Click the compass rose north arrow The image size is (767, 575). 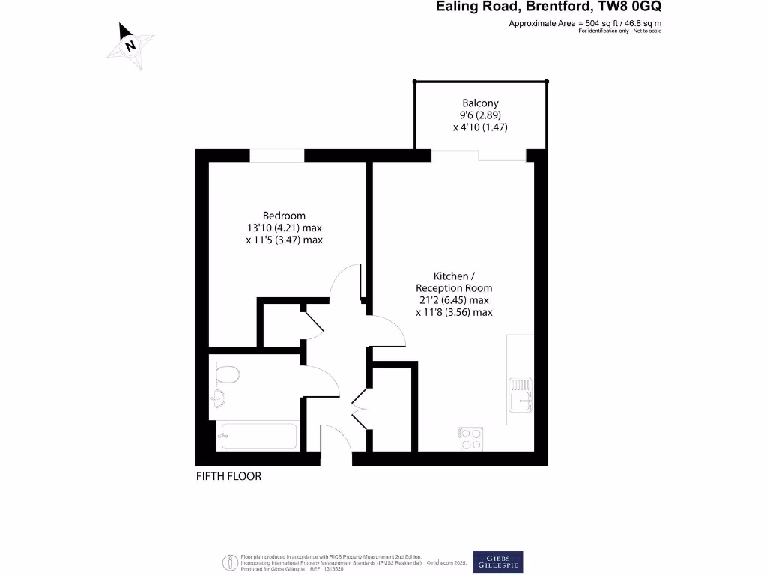[131, 46]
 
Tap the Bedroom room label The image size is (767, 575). [284, 216]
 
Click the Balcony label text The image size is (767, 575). [480, 103]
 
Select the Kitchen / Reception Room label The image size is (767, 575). [454, 282]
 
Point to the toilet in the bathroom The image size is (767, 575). [227, 374]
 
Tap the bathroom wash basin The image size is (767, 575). [219, 398]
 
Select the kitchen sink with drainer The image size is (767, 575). [521, 395]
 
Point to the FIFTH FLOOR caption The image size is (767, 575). [228, 476]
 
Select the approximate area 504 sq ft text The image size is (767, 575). [585, 24]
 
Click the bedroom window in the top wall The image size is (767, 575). [277, 156]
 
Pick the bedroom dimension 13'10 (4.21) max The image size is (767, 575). [284, 228]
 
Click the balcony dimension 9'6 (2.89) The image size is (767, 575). [480, 115]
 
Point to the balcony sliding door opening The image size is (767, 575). [479, 156]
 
